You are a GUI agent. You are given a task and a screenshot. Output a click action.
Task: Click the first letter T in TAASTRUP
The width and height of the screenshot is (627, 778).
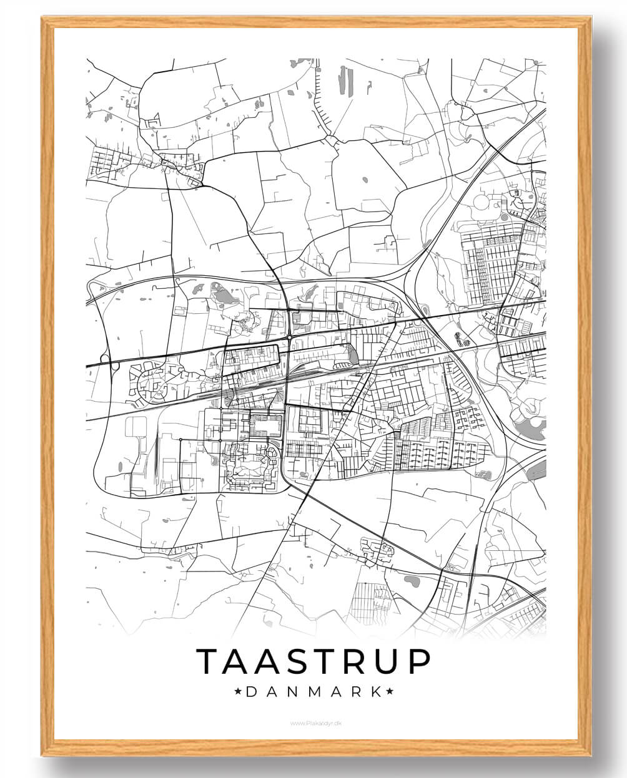[209, 661]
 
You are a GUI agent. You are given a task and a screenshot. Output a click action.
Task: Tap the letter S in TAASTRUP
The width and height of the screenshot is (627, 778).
[289, 661]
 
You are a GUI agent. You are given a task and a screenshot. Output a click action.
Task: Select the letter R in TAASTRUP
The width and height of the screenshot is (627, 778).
[354, 661]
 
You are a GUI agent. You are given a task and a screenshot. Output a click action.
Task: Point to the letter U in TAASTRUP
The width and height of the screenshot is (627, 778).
[387, 661]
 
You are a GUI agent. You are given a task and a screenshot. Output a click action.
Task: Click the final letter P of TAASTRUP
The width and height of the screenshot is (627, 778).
[419, 661]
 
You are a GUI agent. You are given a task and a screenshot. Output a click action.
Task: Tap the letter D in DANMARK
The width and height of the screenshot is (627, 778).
[250, 692]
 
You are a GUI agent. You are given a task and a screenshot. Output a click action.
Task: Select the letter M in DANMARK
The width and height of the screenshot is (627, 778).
[312, 692]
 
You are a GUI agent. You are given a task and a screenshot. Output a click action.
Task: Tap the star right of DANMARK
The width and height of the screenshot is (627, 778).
[390, 691]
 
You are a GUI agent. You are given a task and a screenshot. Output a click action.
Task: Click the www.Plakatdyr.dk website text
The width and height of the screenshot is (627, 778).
[313, 723]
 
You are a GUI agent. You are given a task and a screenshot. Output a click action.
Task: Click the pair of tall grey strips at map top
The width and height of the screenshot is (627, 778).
[345, 80]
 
